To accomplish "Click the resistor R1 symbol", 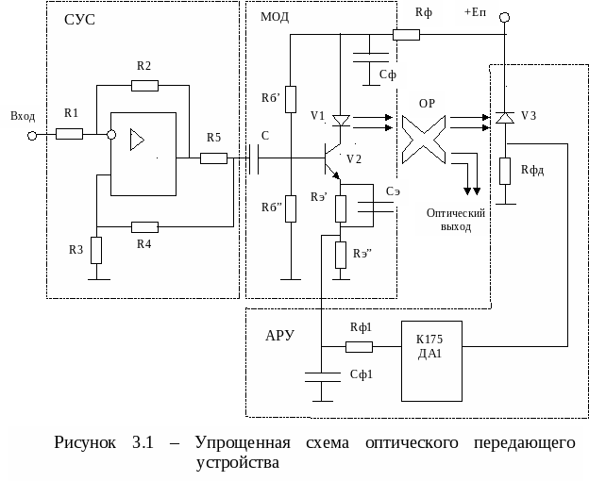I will tap(70, 134).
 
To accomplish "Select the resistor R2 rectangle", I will tap(144, 85).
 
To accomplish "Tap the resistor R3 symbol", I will tap(97, 250).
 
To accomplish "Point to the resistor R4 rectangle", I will tap(144, 226).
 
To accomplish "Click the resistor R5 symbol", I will tap(214, 158).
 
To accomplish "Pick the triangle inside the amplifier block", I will tap(138, 141).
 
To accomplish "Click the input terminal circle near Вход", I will tap(31, 135).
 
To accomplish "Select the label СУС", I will tap(79, 19).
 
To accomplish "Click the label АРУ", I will tap(281, 335).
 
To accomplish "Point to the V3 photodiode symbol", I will tap(505, 117).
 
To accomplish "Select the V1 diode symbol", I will tap(341, 120).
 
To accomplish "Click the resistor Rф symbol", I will tap(406, 35).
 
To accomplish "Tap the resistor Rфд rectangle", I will tap(505, 171).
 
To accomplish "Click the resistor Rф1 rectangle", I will tap(359, 346).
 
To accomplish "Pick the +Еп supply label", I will tap(477, 12).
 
